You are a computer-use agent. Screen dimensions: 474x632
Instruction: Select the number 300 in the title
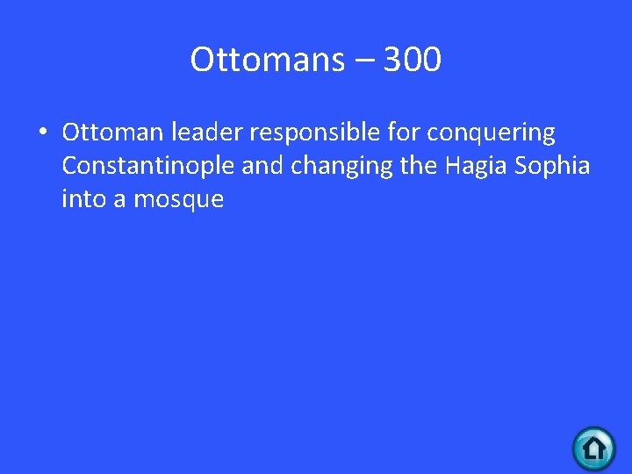coord(412,60)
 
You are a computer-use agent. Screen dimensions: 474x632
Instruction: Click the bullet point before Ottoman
coord(41,133)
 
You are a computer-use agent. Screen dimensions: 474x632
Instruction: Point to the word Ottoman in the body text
coord(111,133)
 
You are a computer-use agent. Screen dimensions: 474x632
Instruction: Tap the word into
coord(82,199)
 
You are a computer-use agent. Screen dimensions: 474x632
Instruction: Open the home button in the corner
coord(594,449)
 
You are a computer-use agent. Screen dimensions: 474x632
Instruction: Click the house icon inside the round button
coord(594,449)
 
